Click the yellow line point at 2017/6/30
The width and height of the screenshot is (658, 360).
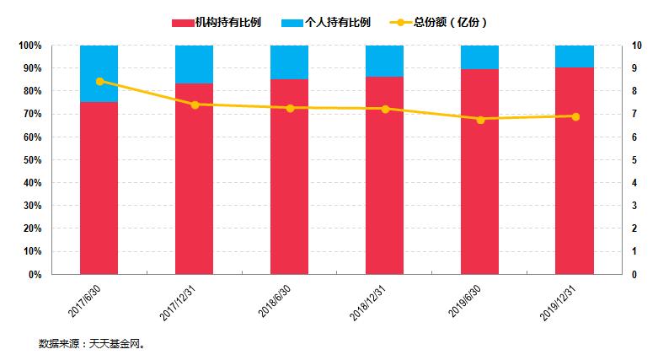click(x=99, y=81)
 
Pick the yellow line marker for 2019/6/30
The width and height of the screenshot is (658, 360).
click(x=480, y=120)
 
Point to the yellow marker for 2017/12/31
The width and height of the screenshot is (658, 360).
click(x=195, y=105)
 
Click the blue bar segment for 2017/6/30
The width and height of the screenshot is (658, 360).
click(x=99, y=73)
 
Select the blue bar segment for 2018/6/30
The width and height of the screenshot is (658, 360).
click(x=289, y=62)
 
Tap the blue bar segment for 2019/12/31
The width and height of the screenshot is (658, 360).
click(x=575, y=56)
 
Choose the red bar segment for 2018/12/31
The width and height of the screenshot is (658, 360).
click(x=384, y=175)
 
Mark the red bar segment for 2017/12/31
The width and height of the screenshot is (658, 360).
click(x=195, y=179)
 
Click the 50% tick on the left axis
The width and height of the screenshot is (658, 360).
click(x=30, y=160)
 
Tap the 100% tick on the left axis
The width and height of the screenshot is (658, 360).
click(x=29, y=46)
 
